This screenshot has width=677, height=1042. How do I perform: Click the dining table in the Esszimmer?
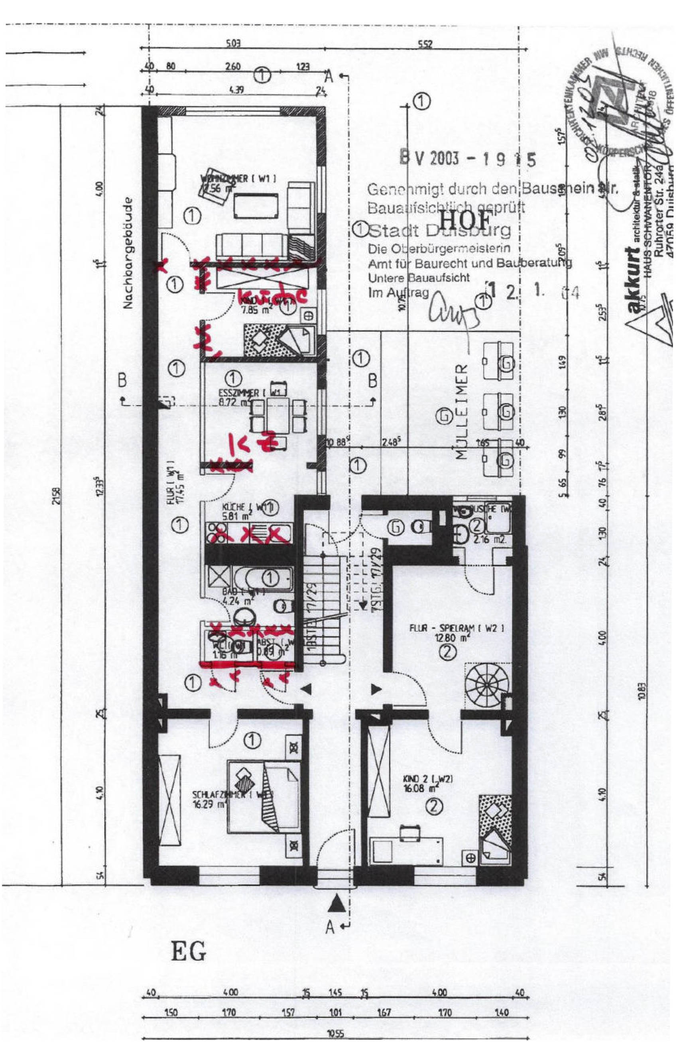pyautogui.click(x=277, y=414)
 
